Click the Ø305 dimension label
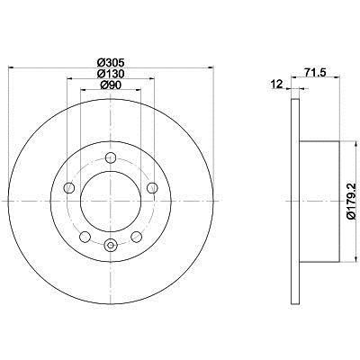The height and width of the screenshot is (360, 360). (x=111, y=63)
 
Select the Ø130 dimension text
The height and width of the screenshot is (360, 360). (x=111, y=74)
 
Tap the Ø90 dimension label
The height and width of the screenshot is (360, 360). (x=111, y=85)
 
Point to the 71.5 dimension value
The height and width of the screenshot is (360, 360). (x=316, y=72)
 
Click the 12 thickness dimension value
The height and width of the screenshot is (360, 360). (x=277, y=85)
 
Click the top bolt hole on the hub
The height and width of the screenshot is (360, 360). (x=111, y=157)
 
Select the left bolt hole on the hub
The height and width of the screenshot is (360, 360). (x=69, y=188)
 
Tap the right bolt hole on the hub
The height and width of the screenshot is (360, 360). (x=152, y=188)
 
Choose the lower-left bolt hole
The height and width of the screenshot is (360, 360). (x=85, y=237)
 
